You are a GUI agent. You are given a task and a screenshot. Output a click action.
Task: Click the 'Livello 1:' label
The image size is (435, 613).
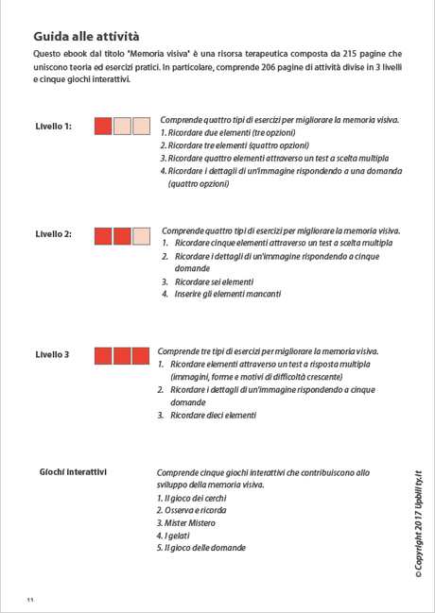click(x=53, y=126)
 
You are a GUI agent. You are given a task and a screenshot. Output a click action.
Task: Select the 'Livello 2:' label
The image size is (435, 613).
click(x=53, y=234)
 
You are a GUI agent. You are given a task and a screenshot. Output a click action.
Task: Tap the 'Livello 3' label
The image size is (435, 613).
click(x=52, y=355)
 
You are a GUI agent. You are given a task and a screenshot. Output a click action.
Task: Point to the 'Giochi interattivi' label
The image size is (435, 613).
click(x=73, y=471)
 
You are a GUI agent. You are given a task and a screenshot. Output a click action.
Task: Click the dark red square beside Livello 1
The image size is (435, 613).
click(x=104, y=127)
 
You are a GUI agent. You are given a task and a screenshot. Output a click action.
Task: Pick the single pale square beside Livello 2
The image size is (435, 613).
click(x=141, y=235)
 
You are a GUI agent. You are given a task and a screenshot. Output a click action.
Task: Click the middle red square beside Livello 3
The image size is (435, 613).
click(x=122, y=356)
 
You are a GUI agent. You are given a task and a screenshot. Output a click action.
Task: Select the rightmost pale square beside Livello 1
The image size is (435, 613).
click(x=141, y=127)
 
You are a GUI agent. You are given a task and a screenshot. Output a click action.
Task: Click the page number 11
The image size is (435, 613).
click(x=30, y=600)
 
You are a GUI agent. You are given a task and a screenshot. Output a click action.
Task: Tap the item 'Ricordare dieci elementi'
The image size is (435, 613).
click(x=212, y=415)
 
